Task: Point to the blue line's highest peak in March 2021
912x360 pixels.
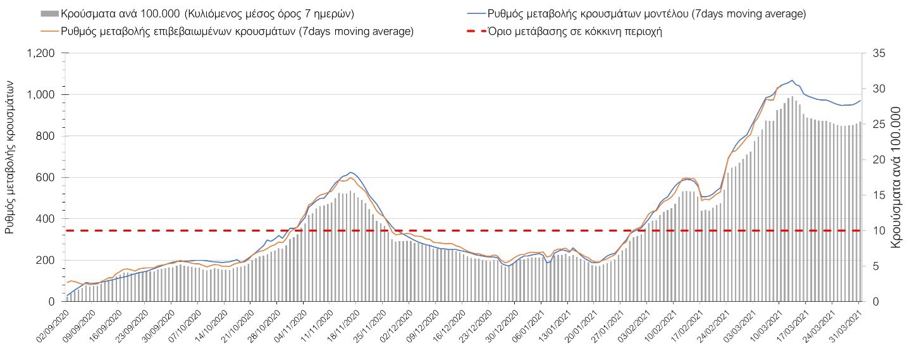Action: (x=791, y=80)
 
